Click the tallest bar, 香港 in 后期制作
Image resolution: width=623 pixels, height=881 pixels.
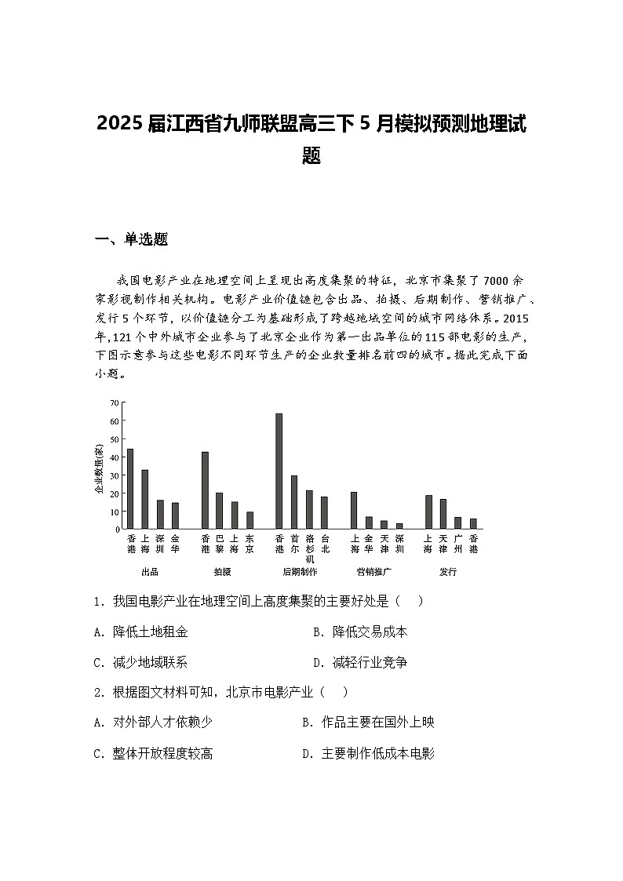click(x=279, y=471)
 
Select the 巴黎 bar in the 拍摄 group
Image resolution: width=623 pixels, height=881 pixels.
click(x=220, y=511)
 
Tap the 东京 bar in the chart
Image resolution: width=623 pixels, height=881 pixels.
click(x=250, y=520)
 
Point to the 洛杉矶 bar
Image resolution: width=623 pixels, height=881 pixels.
click(x=309, y=509)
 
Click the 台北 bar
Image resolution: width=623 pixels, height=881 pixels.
click(x=324, y=512)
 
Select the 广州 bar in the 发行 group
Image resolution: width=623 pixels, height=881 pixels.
click(x=458, y=522)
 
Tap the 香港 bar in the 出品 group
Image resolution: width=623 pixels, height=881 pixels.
click(x=130, y=489)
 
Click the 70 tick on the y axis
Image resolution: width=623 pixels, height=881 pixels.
click(x=115, y=403)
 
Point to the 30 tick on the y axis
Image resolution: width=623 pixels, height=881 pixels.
click(x=115, y=475)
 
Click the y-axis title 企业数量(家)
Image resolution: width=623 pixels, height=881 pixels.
click(x=99, y=469)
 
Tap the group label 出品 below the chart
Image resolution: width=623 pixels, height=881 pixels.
click(x=149, y=572)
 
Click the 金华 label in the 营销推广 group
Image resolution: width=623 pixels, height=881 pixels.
click(x=369, y=544)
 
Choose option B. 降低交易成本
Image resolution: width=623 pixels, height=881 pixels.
click(x=360, y=632)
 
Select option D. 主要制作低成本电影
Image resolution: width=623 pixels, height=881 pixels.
click(x=368, y=753)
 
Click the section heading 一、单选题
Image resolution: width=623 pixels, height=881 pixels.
click(x=131, y=239)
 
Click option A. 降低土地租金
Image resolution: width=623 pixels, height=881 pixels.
click(x=140, y=632)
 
